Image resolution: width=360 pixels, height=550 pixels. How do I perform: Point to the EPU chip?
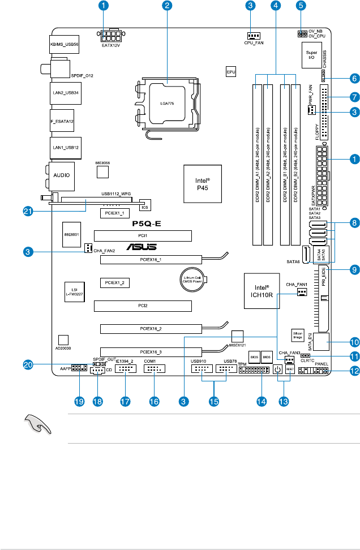coord(231,72)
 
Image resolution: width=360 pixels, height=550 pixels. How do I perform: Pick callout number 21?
coord(27,211)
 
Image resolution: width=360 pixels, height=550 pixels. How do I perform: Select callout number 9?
coord(354,255)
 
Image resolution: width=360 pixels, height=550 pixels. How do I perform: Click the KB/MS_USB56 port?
coord(61,42)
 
